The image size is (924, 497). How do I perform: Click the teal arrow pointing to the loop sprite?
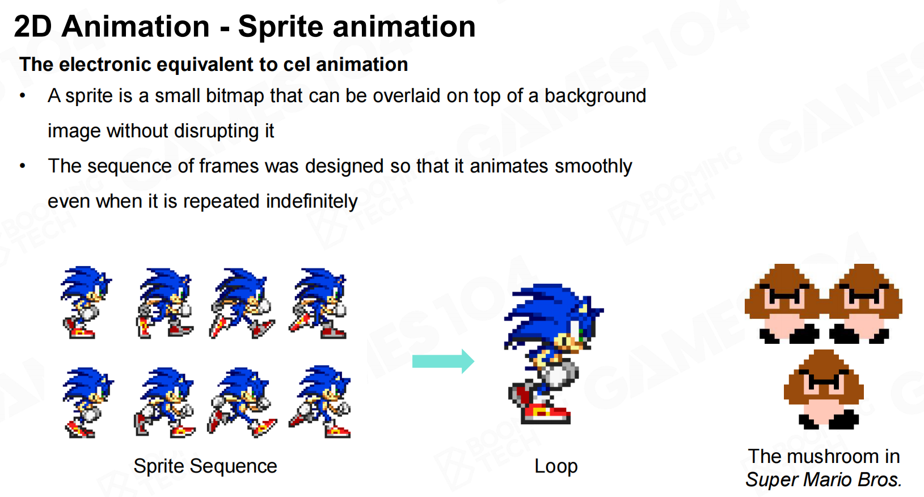click(x=443, y=361)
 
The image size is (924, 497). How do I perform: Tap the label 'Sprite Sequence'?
click(x=205, y=466)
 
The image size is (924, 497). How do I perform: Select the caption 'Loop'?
click(x=556, y=466)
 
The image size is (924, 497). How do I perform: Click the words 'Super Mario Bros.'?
click(x=824, y=479)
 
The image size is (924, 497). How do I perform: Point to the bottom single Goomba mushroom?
click(x=824, y=389)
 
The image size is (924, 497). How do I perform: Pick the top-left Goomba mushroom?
click(x=783, y=304)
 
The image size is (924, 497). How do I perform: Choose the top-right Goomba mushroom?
click(x=864, y=304)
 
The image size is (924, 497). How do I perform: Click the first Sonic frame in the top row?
click(x=86, y=302)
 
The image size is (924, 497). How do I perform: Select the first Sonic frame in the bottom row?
click(x=87, y=403)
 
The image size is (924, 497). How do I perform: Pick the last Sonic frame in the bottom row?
click(x=320, y=402)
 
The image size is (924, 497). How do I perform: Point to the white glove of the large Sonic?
click(x=559, y=373)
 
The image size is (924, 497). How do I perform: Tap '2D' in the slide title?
click(x=33, y=27)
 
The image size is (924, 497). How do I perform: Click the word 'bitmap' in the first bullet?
click(x=235, y=96)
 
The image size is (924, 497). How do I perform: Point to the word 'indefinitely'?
click(x=312, y=201)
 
